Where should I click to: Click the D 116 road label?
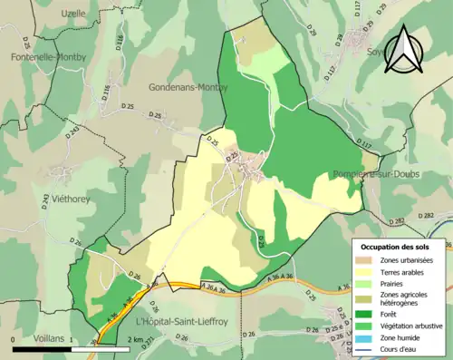(105, 90)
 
